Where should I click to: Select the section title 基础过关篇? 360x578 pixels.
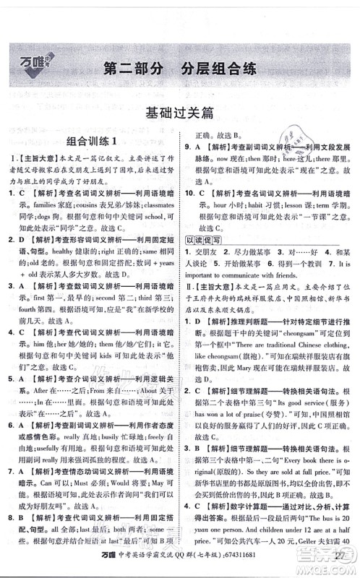[x=179, y=113]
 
